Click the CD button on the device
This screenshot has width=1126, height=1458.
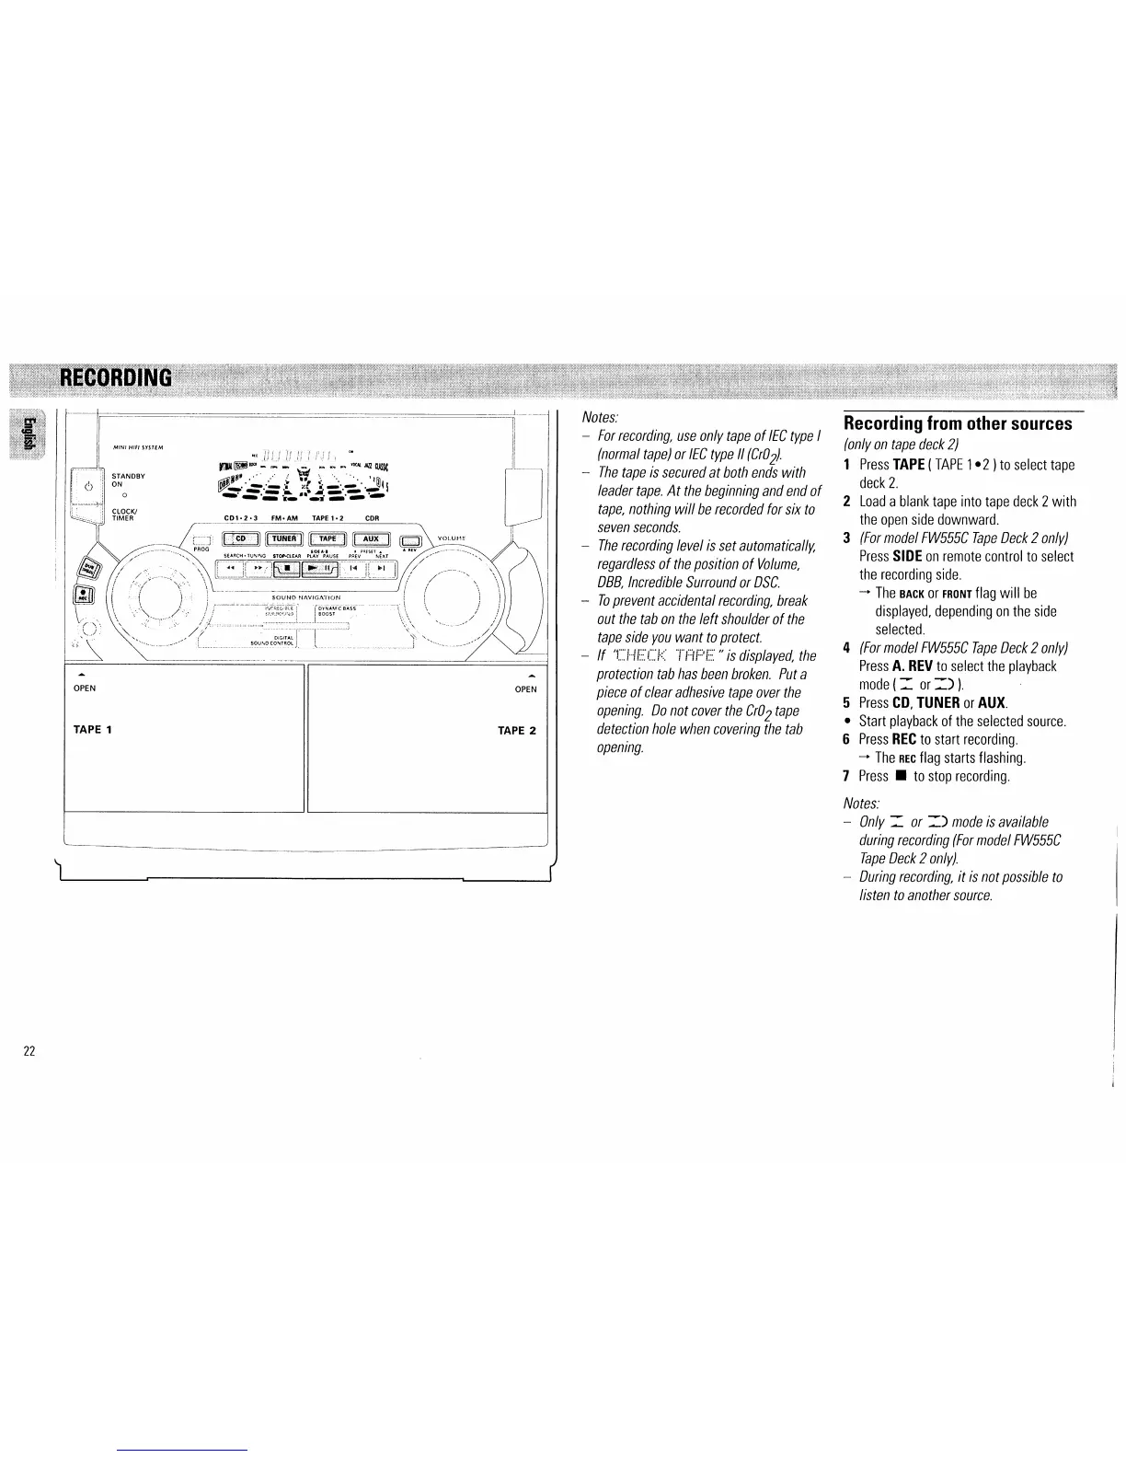pyautogui.click(x=240, y=539)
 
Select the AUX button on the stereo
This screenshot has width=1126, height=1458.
pyautogui.click(x=371, y=539)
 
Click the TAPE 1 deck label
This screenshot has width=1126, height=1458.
pyautogui.click(x=92, y=729)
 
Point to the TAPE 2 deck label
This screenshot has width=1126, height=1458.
pyautogui.click(x=517, y=731)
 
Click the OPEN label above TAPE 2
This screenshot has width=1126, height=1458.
pyautogui.click(x=525, y=688)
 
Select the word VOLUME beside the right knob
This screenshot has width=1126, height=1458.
pyautogui.click(x=452, y=538)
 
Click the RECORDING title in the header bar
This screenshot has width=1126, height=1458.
pyautogui.click(x=116, y=378)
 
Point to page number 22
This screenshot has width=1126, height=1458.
pyautogui.click(x=29, y=1051)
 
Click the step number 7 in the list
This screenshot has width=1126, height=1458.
pyautogui.click(x=846, y=776)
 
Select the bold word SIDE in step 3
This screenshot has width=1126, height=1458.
pyautogui.click(x=906, y=556)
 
